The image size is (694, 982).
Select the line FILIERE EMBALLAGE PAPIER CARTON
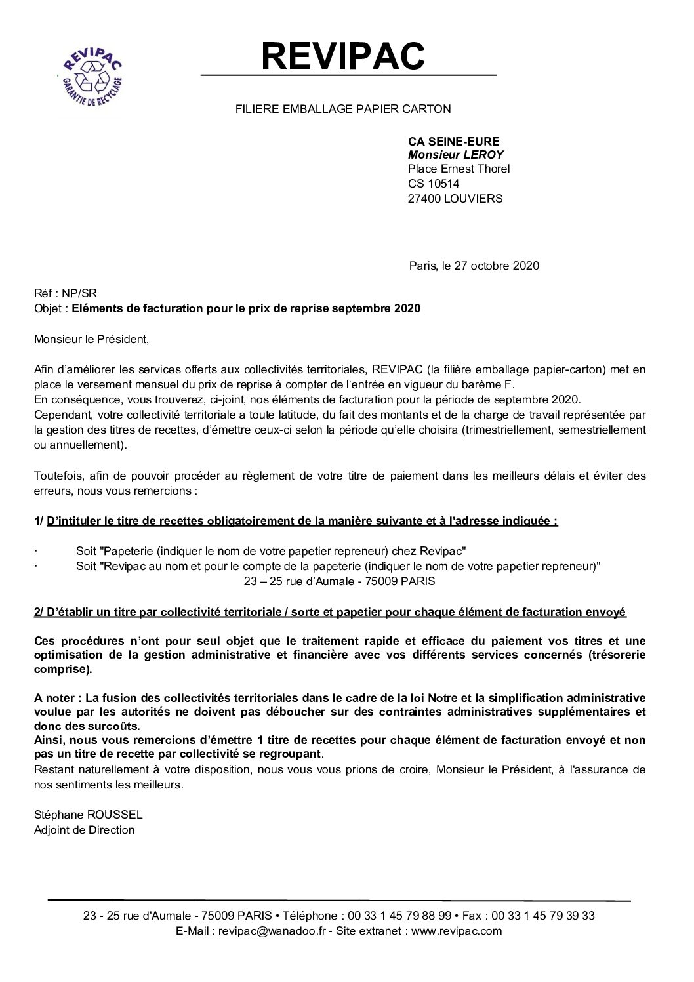343,108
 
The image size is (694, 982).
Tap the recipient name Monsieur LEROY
456,154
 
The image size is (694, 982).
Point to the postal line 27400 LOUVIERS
455,198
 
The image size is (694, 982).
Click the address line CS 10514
434,184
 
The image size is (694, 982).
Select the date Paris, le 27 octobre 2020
474,266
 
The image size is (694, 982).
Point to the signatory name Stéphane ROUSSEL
88,815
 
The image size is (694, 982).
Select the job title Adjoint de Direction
84,830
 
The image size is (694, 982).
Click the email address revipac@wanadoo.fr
272,930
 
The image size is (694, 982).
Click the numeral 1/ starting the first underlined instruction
39,522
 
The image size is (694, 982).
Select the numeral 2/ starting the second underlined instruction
39,612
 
